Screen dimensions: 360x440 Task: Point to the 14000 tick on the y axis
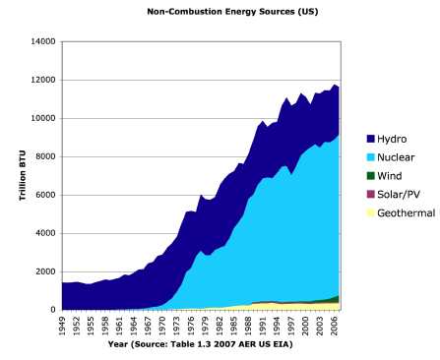pyautogui.click(x=43, y=42)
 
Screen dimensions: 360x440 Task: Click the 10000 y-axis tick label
pyautogui.click(x=43, y=119)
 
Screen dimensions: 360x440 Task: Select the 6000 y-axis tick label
pyautogui.click(x=46, y=196)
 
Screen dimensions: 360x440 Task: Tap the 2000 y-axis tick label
pyautogui.click(x=46, y=271)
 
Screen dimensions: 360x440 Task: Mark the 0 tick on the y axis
pyautogui.click(x=53, y=310)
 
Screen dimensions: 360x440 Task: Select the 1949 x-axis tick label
pyautogui.click(x=61, y=326)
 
